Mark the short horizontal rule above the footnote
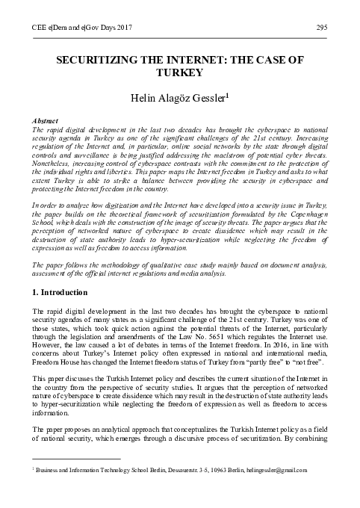click(72, 480)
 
